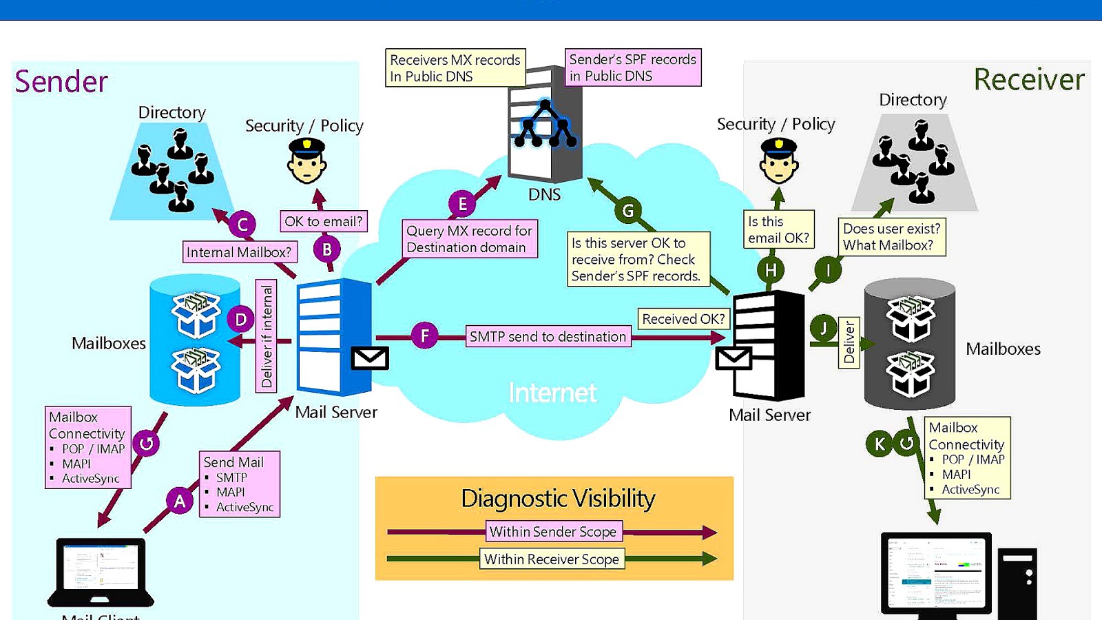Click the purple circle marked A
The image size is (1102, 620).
pos(180,501)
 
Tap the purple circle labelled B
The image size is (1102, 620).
pos(327,249)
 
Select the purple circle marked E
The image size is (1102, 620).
pos(462,204)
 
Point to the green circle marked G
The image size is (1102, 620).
pos(627,210)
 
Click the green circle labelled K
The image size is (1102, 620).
pos(880,443)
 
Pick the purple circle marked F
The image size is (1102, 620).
pos(425,336)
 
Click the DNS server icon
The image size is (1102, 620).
pos(545,123)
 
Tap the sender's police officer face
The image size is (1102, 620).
pos(306,163)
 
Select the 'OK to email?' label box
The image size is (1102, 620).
pos(323,221)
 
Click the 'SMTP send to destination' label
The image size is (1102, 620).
pos(548,337)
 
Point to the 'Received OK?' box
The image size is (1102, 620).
pos(683,319)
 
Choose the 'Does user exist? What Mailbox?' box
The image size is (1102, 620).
pos(891,237)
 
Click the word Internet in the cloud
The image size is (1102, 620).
pos(552,393)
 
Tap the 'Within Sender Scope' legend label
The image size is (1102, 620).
pos(553,532)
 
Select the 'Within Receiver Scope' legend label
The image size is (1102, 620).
pos(552,559)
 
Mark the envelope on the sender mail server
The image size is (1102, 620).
pos(370,358)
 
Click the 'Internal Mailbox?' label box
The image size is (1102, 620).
pos(239,252)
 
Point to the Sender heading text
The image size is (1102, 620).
pos(61,81)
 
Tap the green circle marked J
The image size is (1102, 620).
pos(823,329)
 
